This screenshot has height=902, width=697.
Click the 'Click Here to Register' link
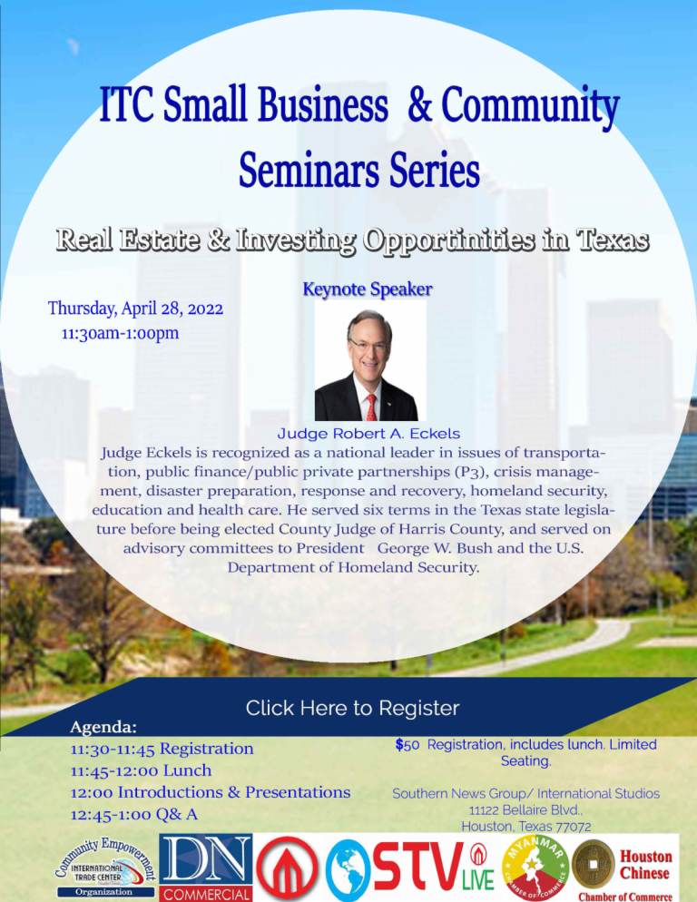pos(352,708)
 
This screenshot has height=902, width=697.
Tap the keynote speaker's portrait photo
pos(370,360)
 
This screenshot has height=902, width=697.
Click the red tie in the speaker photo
pos(372,407)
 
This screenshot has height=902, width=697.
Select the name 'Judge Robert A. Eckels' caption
pos(368,433)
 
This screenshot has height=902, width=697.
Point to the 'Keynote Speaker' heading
pos(368,289)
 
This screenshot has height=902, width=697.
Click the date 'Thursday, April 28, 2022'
pos(135,309)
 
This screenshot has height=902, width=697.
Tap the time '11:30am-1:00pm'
pos(121,333)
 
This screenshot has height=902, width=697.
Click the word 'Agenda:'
pos(103,727)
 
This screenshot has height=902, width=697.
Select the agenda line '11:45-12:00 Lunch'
pos(141,770)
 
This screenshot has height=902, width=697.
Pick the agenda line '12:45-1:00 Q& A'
pos(134,814)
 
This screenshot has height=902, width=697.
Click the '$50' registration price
pos(407,745)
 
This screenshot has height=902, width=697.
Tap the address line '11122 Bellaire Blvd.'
pos(526,810)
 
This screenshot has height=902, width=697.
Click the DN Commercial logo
pos(205,868)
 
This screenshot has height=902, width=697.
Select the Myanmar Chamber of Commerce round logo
pos(535,868)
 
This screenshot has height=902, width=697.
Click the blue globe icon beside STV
pos(347,869)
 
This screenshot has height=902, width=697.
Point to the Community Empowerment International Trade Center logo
pos(105,867)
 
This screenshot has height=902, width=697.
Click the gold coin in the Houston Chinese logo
pos(593,864)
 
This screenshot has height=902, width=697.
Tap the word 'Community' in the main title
pos(530,104)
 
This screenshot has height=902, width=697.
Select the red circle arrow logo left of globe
pos(287,868)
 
